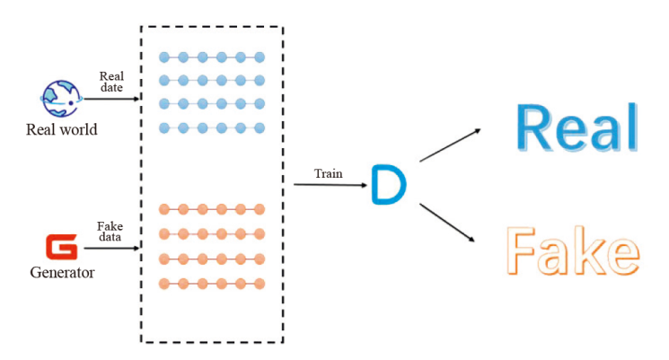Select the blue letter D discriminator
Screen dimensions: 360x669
pyautogui.click(x=389, y=184)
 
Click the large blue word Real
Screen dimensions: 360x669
pyautogui.click(x=577, y=127)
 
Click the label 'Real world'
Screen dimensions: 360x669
pyautogui.click(x=61, y=130)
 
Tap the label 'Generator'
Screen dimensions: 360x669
pyautogui.click(x=62, y=271)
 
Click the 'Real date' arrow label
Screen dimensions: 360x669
pyautogui.click(x=111, y=82)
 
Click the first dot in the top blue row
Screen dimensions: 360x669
pyautogui.click(x=164, y=57)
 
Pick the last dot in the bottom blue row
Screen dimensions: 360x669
pyautogui.click(x=260, y=127)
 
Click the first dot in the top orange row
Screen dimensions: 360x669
pyautogui.click(x=164, y=209)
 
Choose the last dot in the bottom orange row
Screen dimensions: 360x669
pyautogui.click(x=260, y=284)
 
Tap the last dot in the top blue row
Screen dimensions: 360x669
pyautogui.click(x=260, y=57)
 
